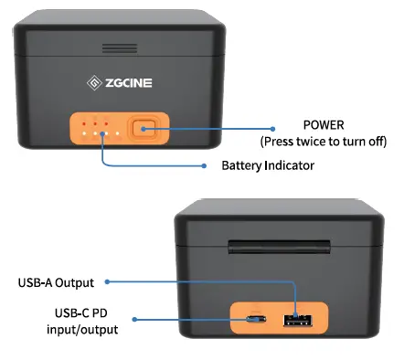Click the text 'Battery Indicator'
[267, 166]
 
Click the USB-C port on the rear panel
[255, 320]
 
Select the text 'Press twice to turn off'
[324, 142]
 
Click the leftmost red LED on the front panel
[82, 122]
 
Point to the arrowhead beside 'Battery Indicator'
[205, 165]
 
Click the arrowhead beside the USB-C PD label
[135, 320]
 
